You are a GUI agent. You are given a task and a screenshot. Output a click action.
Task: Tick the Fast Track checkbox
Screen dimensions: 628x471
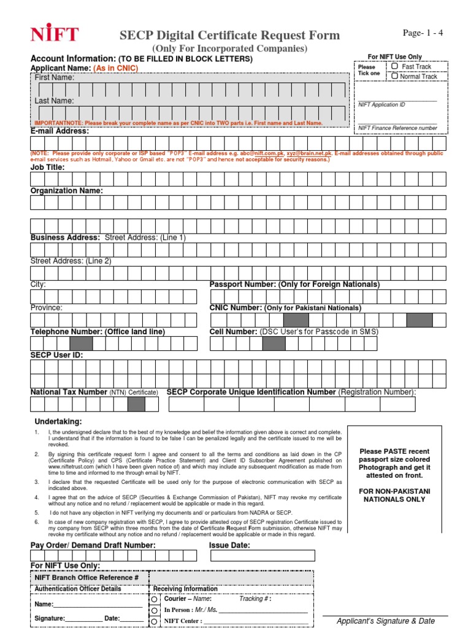[395, 66]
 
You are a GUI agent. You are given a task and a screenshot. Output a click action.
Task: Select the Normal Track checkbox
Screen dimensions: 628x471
[395, 77]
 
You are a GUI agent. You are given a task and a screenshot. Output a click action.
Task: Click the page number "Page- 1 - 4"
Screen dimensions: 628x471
[423, 33]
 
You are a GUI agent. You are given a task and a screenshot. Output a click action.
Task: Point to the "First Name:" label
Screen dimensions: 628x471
[55, 78]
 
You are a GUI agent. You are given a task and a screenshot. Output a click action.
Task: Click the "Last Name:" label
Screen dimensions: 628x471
[54, 101]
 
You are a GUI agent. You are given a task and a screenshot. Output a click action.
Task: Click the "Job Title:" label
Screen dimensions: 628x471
[47, 167]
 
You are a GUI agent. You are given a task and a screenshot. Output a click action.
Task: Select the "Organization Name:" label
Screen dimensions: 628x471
[67, 191]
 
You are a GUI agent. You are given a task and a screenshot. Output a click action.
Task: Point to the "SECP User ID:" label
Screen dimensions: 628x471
[56, 355]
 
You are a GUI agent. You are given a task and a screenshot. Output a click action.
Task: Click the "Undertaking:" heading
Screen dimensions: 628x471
[58, 422]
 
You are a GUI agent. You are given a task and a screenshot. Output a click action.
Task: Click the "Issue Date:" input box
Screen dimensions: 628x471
[262, 556]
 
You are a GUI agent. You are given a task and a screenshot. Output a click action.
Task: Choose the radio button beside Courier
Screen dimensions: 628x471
[153, 599]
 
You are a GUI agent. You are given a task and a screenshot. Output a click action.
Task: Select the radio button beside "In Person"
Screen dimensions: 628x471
[153, 611]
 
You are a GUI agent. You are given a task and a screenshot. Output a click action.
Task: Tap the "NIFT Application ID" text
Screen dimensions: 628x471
[381, 105]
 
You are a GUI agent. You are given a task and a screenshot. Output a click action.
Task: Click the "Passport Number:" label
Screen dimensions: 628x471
[243, 285]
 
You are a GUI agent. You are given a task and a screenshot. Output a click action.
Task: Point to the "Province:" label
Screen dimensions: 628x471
[47, 308]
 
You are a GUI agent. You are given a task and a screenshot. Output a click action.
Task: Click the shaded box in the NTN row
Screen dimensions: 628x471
[136, 404]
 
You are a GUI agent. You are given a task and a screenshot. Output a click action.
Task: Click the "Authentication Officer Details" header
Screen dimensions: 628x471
[78, 589]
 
